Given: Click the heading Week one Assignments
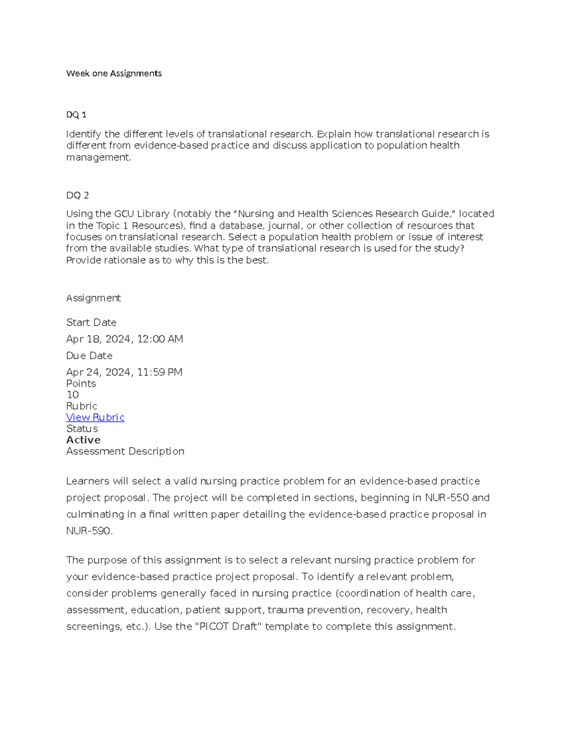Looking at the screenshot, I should (x=114, y=73).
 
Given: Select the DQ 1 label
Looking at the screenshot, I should (x=76, y=115).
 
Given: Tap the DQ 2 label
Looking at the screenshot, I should (x=78, y=195).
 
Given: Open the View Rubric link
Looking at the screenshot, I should (x=95, y=417).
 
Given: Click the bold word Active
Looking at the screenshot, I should (x=84, y=440).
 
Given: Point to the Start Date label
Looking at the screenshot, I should (x=91, y=322).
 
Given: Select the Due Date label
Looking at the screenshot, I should (x=89, y=356).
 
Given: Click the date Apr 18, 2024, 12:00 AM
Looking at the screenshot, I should (x=125, y=339).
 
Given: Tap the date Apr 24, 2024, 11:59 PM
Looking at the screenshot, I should (x=124, y=372).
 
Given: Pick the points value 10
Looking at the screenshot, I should (x=72, y=395).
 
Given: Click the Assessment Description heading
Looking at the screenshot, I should (x=125, y=451).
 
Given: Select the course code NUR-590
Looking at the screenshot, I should (x=89, y=531).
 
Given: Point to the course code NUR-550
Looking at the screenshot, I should (x=446, y=498).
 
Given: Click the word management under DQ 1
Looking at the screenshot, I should (x=98, y=157).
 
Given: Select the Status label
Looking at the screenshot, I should (x=82, y=429).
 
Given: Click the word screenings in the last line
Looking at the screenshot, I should (x=93, y=627).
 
